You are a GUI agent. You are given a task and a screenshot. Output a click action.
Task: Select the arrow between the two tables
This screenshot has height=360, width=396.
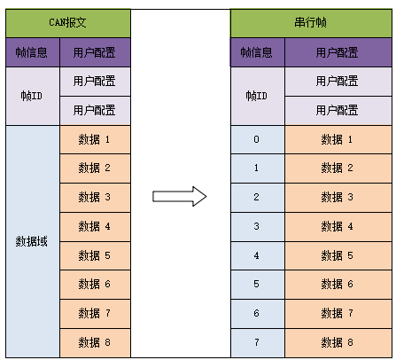click(x=180, y=196)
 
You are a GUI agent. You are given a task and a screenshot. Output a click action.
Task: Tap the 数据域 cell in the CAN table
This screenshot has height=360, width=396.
click(x=32, y=240)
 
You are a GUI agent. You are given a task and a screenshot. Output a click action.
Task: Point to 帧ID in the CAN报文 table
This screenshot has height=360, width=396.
click(x=32, y=95)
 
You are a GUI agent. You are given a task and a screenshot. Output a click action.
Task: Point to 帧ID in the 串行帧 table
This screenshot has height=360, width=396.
click(x=257, y=95)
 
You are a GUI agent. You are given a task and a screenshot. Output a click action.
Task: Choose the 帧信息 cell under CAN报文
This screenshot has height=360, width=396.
click(x=32, y=51)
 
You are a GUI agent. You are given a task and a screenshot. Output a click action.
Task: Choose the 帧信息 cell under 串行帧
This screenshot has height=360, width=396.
click(x=257, y=51)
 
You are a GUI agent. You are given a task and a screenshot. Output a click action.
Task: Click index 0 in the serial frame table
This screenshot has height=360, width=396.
click(x=257, y=139)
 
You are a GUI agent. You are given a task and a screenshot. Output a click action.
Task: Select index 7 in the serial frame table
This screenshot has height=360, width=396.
click(x=257, y=341)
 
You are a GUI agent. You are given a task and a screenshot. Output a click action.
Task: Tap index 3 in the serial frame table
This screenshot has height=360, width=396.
click(x=257, y=226)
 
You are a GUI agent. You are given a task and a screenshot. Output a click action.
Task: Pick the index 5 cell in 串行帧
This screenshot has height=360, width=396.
click(x=257, y=284)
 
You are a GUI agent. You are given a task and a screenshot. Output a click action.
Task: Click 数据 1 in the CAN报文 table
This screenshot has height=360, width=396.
click(x=95, y=139)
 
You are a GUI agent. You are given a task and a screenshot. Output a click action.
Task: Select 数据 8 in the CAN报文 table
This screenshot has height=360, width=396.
click(x=95, y=341)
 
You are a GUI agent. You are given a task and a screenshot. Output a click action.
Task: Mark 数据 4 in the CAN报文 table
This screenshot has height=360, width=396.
click(x=95, y=226)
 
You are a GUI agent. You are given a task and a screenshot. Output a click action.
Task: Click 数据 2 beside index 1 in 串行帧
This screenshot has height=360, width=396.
click(x=337, y=168)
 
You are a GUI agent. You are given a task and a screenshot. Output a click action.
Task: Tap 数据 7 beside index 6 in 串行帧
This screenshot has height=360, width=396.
click(x=337, y=313)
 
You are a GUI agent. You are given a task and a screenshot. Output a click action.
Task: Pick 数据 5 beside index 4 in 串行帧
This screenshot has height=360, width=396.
click(x=337, y=255)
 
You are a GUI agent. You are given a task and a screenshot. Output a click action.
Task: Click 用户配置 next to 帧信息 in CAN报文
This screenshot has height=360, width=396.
click(x=95, y=51)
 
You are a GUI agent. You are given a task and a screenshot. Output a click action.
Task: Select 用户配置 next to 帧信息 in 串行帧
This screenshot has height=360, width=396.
click(x=337, y=51)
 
